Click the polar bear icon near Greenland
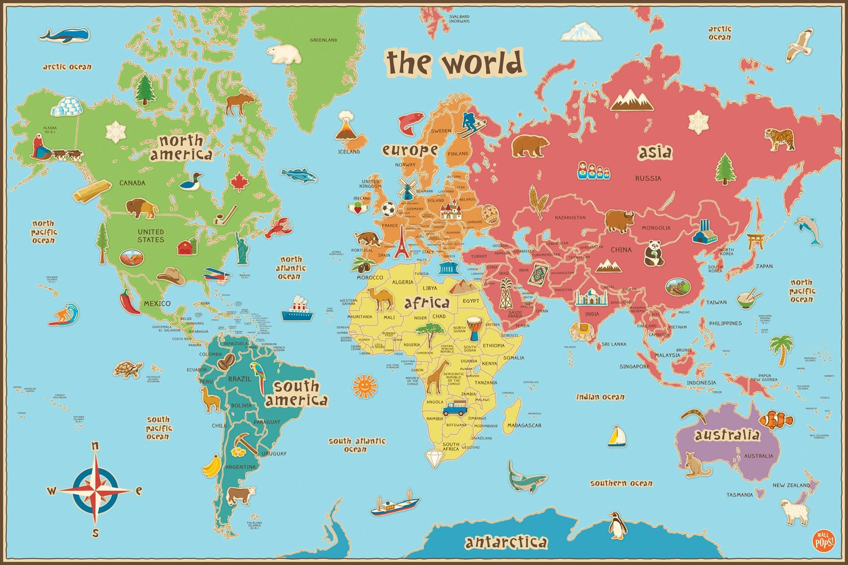click(284, 54)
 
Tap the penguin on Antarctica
click(617, 525)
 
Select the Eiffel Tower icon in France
click(401, 242)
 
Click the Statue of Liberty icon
click(242, 248)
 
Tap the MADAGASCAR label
click(524, 425)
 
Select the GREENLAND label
click(323, 40)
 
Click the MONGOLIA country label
click(655, 228)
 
